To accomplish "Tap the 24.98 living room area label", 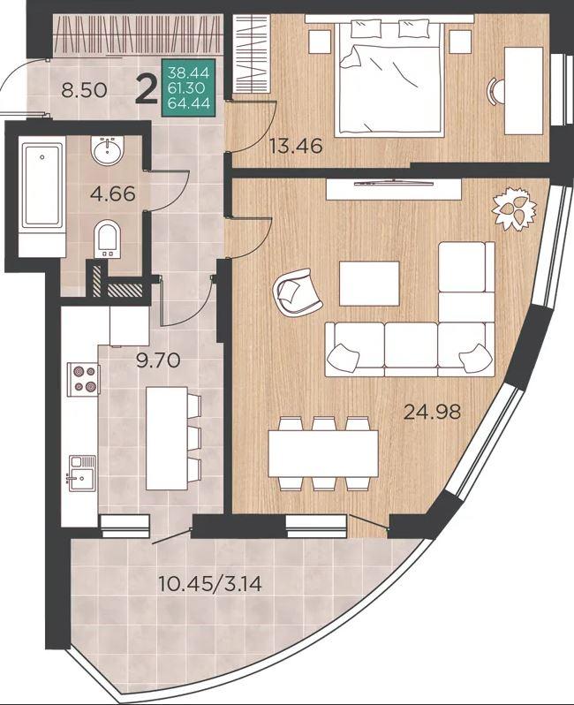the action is (433, 412).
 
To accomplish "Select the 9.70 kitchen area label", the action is (158, 360).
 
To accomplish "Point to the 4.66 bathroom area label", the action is (112, 193).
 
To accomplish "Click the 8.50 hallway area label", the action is (84, 90).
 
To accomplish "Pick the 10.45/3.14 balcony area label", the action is (210, 584).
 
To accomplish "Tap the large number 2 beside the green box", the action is (147, 89).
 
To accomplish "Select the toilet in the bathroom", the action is (108, 239).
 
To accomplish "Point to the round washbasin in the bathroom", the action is (108, 149).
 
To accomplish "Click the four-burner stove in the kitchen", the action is (83, 379).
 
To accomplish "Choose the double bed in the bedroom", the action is (389, 78).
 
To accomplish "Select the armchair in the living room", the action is (297, 292).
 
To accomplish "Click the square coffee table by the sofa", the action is (369, 284).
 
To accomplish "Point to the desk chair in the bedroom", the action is (496, 92).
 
